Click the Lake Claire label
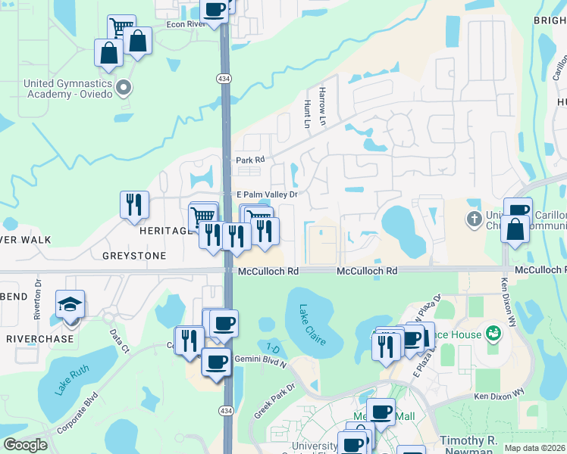click(x=312, y=324)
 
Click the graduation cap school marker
click(x=70, y=305)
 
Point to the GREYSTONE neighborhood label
click(x=134, y=256)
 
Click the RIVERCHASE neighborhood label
click(x=40, y=338)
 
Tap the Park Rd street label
click(x=250, y=160)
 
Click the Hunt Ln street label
click(x=307, y=113)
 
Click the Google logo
click(x=25, y=445)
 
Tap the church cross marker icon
click(x=474, y=219)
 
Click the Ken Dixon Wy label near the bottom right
click(x=500, y=394)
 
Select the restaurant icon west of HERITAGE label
click(x=133, y=204)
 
